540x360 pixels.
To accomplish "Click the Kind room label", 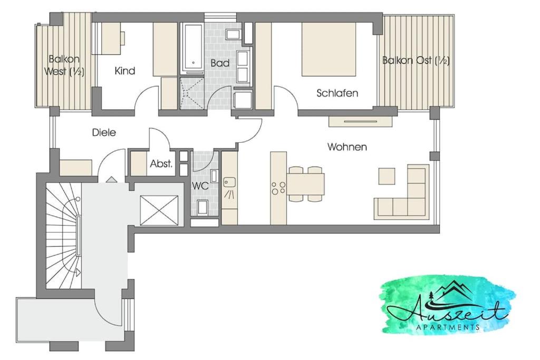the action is pyautogui.click(x=124, y=71).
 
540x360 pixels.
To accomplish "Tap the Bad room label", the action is pyautogui.click(x=220, y=63).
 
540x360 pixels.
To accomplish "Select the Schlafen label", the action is pyautogui.click(x=337, y=93).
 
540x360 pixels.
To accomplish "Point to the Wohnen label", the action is pyautogui.click(x=347, y=147).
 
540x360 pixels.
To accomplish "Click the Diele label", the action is pyautogui.click(x=104, y=132).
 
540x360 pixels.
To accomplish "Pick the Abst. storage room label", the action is pyautogui.click(x=161, y=164).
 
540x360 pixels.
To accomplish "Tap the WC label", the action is pyautogui.click(x=200, y=186).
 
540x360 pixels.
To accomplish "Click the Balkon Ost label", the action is pyautogui.click(x=416, y=61).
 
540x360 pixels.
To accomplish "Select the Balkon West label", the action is pyautogui.click(x=64, y=65).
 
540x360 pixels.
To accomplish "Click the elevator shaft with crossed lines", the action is pyautogui.click(x=159, y=211).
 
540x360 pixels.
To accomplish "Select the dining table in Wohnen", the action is pyautogui.click(x=305, y=184).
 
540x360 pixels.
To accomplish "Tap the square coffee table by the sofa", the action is pyautogui.click(x=387, y=176).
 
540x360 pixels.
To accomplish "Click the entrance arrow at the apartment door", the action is pyautogui.click(x=110, y=179).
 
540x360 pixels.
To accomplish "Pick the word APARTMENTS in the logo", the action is pyautogui.click(x=448, y=327).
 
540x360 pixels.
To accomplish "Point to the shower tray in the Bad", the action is pyautogui.click(x=191, y=93).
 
